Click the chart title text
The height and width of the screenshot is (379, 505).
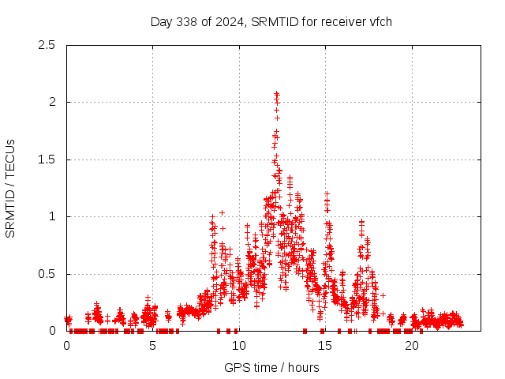(271, 21)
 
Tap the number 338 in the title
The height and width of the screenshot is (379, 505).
(189, 21)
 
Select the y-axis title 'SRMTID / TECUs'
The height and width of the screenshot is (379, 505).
(11, 188)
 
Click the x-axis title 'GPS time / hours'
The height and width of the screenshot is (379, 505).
(271, 367)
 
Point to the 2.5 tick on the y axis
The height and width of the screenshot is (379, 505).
(47, 45)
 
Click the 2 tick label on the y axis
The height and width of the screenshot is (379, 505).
(52, 102)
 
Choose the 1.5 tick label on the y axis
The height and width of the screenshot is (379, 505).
(47, 159)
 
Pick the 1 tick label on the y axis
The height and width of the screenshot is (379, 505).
(52, 216)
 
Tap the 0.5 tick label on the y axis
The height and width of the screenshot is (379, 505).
(47, 274)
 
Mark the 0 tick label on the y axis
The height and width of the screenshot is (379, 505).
(52, 331)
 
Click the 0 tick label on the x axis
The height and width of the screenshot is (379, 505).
(66, 345)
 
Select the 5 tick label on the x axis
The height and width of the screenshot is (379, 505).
(152, 345)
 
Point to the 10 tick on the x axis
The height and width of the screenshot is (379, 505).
(239, 345)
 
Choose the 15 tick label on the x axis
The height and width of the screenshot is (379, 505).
(325, 345)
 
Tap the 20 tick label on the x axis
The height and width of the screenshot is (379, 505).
(411, 345)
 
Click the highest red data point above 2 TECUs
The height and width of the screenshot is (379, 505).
(276, 93)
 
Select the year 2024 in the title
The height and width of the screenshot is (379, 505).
(232, 21)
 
